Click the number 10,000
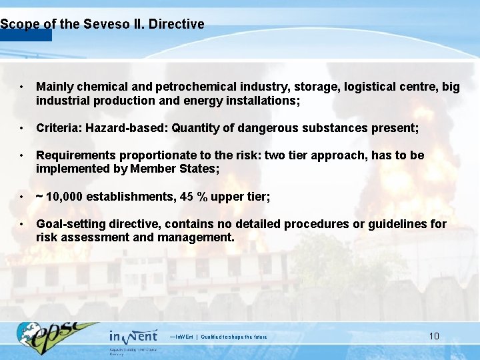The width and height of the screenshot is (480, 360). [x=66, y=197]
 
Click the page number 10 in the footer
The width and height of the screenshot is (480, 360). [x=434, y=336]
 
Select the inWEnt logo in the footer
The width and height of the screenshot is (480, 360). [x=133, y=335]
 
